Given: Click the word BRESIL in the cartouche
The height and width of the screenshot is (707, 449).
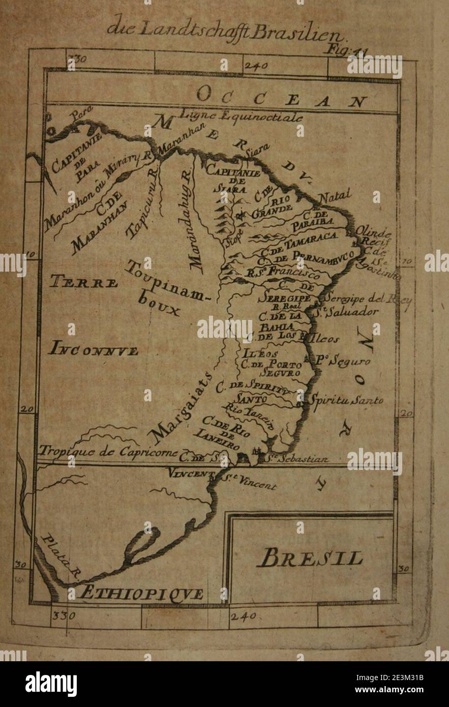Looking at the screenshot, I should [311, 558].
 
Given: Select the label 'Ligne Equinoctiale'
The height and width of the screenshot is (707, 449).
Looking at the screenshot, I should [242, 116].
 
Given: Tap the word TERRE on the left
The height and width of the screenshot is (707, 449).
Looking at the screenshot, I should [84, 282].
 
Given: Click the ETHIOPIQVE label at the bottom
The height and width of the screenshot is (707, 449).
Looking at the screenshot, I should [136, 594].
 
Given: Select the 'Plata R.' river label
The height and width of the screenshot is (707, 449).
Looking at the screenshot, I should [59, 557].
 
